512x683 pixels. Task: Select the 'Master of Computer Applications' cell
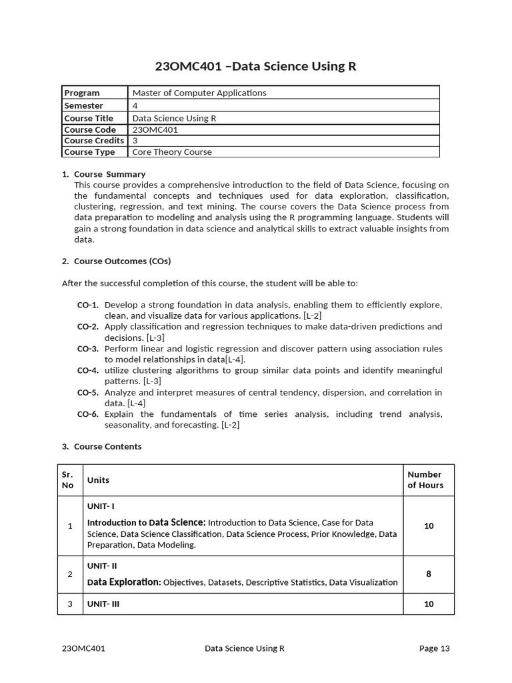199,93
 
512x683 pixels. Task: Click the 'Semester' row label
83,105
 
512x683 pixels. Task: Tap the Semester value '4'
135,105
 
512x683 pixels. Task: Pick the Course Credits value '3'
135,141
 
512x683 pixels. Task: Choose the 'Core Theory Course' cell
172,152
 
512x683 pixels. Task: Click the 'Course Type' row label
89,152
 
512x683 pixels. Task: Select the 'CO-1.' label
88,305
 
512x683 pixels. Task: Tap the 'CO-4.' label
88,370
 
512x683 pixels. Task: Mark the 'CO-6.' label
88,414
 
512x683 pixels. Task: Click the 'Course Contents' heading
107,446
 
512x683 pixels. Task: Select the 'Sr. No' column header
67,480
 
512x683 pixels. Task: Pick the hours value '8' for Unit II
429,574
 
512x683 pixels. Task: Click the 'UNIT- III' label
103,604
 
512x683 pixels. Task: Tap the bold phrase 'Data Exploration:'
124,582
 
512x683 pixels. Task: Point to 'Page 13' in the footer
435,648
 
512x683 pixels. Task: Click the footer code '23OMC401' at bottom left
83,648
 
